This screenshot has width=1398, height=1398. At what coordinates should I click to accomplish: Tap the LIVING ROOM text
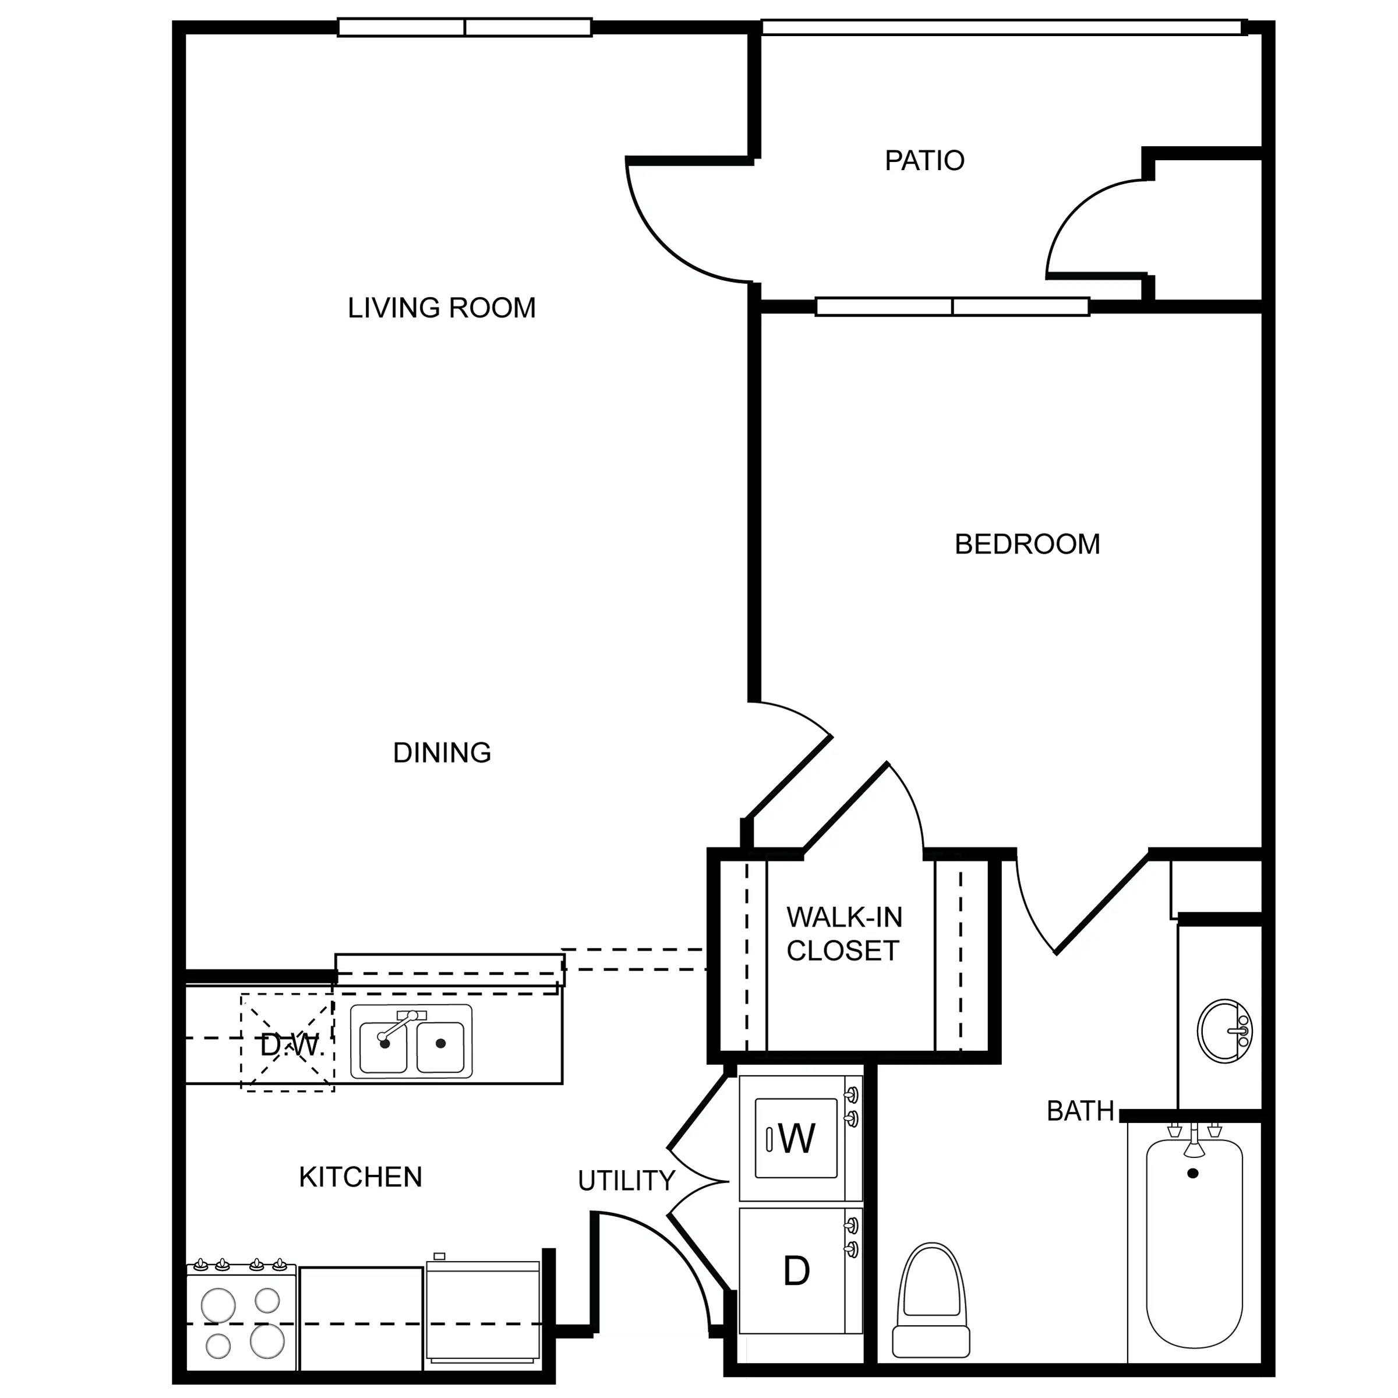pos(442,308)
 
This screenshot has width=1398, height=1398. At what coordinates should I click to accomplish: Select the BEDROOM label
pos(1027,544)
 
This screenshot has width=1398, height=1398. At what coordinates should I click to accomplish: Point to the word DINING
pos(442,753)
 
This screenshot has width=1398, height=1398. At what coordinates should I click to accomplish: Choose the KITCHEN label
pos(361,1177)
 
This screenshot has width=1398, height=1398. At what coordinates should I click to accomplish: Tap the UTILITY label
pos(626,1181)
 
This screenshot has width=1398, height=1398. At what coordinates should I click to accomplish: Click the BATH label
pos(1081,1111)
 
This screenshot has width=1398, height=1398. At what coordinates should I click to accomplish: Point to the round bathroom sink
pos(1224,1031)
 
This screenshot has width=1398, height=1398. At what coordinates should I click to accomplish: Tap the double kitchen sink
pos(411,1042)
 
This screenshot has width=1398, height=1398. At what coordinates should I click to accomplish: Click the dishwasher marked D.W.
pos(288,1043)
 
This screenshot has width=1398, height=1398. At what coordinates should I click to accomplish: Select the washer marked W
pos(800,1138)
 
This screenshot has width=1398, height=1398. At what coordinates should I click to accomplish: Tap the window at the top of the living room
pos(465,27)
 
